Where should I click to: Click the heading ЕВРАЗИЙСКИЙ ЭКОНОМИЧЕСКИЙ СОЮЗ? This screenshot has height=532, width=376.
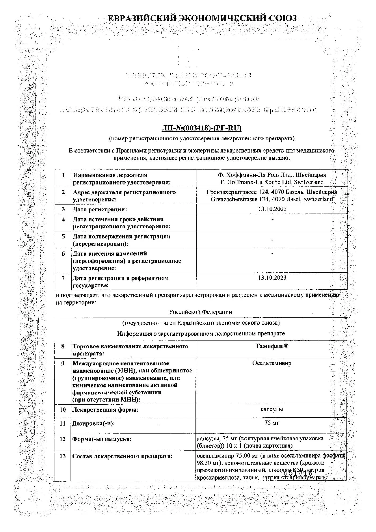pyautogui.click(x=202, y=18)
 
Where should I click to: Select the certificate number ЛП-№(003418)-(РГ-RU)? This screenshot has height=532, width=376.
pyautogui.click(x=201, y=128)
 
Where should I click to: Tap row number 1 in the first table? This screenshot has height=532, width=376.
pyautogui.click(x=63, y=175)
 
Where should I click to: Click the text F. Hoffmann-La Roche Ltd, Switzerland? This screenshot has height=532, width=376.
pyautogui.click(x=272, y=182)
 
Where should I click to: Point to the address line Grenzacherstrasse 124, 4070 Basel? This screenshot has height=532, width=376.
pyautogui.click(x=272, y=199)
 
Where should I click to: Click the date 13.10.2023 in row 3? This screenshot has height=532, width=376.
pyautogui.click(x=272, y=209)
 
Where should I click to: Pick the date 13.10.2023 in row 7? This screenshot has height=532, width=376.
pyautogui.click(x=272, y=278)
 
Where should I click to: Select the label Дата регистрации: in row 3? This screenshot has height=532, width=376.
pyautogui.click(x=100, y=210)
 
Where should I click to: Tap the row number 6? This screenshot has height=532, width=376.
pyautogui.click(x=63, y=254)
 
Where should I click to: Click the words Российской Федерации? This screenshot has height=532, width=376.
pyautogui.click(x=200, y=312)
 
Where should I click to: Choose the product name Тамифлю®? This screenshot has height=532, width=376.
pyautogui.click(x=272, y=346)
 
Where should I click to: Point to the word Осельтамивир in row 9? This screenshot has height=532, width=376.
pyautogui.click(x=272, y=363)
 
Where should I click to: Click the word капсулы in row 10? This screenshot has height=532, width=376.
pyautogui.click(x=272, y=409)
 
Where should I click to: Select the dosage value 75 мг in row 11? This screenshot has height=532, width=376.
pyautogui.click(x=272, y=423)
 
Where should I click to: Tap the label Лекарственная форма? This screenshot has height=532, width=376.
pyautogui.click(x=105, y=410)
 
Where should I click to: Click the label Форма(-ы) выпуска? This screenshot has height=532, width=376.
pyautogui.click(x=102, y=439)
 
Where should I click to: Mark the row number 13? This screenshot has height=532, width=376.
pyautogui.click(x=63, y=456)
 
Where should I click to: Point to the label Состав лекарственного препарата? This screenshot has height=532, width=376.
pyautogui.click(x=122, y=456)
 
